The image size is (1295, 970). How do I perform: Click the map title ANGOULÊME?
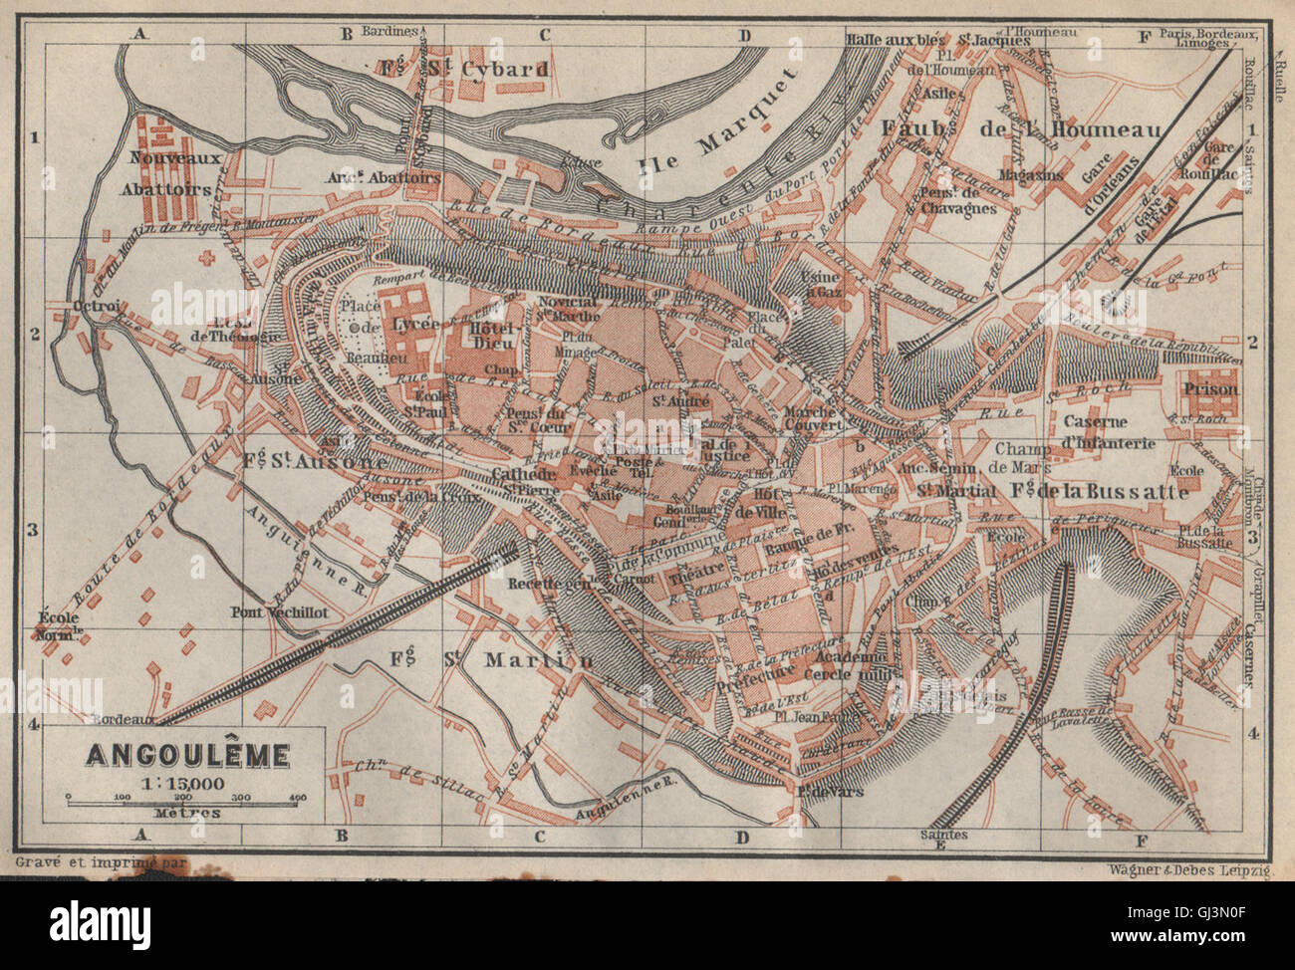coord(187,756)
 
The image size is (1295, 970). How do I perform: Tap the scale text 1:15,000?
coord(187,782)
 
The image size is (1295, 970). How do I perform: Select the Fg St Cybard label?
coord(463,69)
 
